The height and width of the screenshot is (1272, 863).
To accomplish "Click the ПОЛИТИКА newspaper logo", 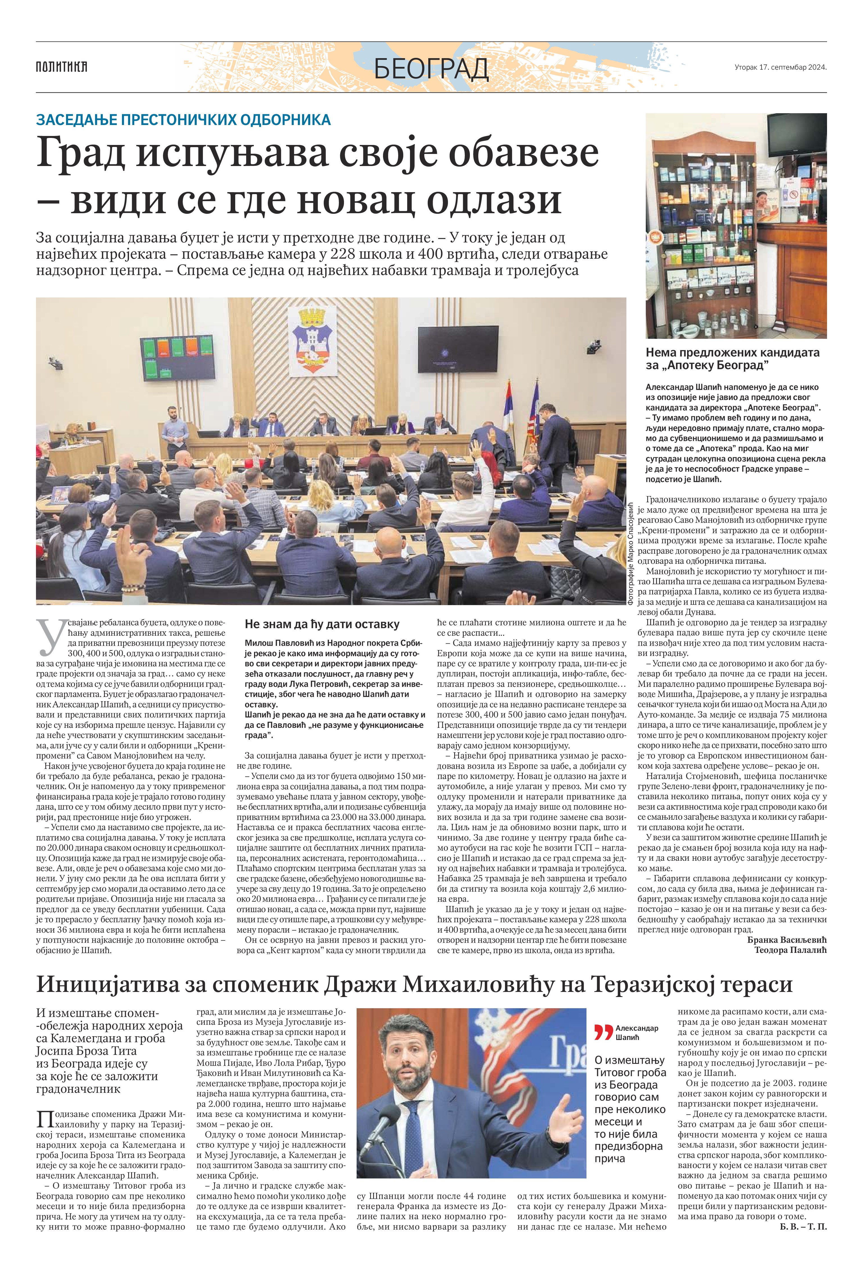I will (61, 67).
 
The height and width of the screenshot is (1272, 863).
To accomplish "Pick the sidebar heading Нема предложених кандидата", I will (732, 353).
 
